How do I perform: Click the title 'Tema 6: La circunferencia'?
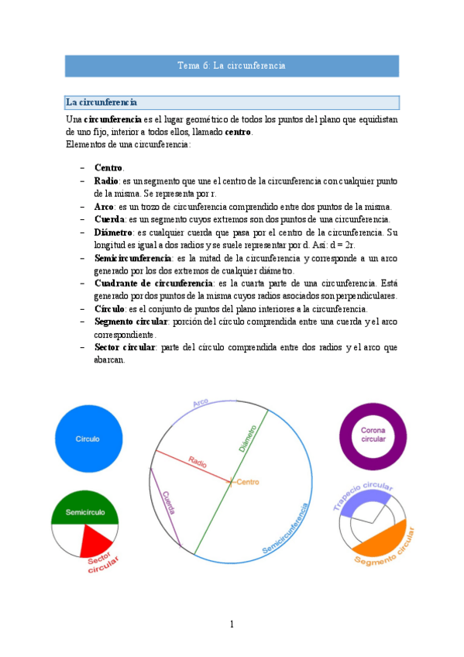(232, 66)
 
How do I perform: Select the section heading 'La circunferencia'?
(101, 102)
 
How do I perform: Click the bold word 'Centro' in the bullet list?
(108, 168)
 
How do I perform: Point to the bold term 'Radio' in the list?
(106, 181)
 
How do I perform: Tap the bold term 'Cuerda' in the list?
(109, 219)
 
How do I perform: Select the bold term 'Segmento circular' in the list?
(132, 321)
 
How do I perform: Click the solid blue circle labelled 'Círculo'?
(88, 439)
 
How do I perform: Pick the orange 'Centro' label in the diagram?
(247, 482)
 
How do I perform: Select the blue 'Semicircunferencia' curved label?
(287, 530)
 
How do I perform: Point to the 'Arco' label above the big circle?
(201, 404)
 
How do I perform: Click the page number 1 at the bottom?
(232, 624)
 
